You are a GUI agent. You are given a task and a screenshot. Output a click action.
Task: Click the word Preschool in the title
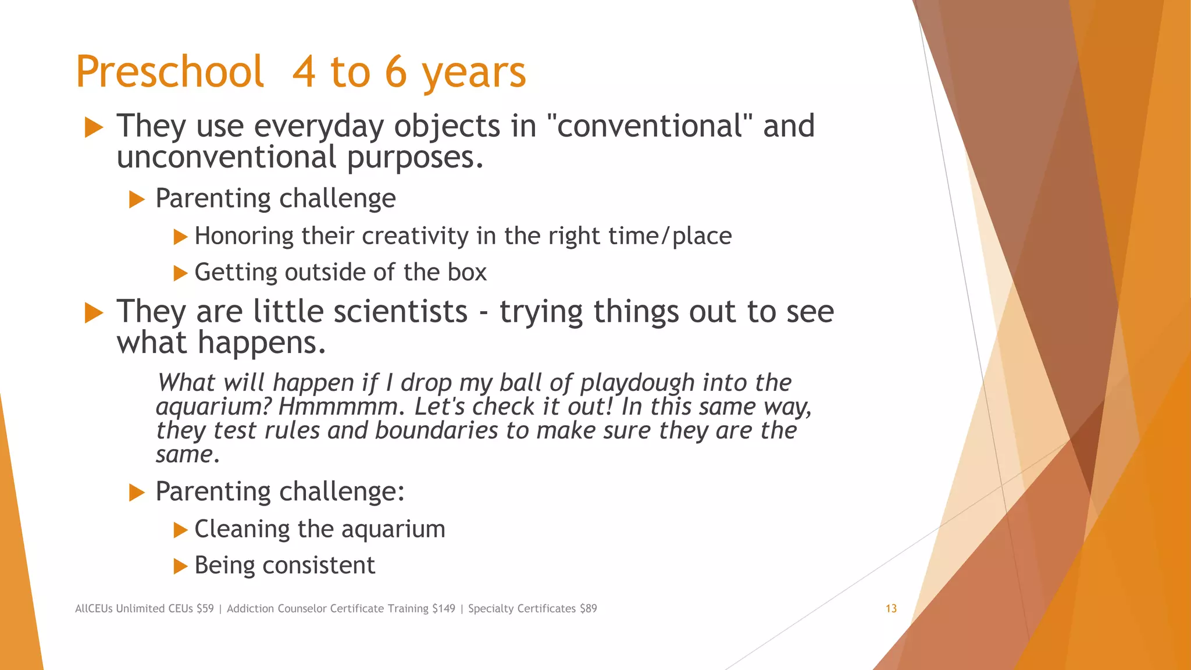170,72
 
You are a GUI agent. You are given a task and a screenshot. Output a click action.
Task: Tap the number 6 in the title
395,72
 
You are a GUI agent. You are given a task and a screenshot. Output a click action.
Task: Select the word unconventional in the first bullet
226,157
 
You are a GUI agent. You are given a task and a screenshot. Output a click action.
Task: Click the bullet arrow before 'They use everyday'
94,127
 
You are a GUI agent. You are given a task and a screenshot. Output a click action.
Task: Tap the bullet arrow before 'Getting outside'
180,273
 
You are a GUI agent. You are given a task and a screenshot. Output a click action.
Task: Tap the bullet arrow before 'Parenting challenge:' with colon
136,493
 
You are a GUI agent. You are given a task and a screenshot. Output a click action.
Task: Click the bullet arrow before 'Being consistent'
180,566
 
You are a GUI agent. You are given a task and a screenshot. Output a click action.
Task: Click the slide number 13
891,608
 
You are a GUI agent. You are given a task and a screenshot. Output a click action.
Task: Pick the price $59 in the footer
205,608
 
